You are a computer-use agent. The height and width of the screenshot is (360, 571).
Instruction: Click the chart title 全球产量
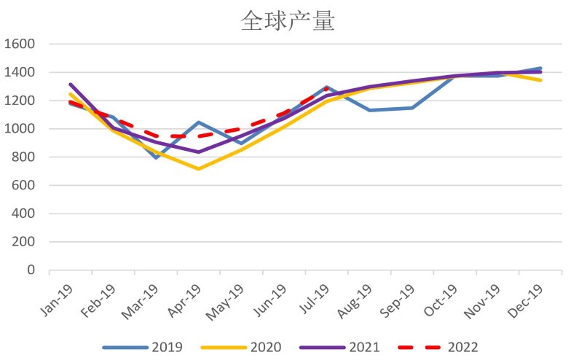click(288, 21)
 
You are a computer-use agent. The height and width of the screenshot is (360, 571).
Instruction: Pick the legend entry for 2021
click(349, 348)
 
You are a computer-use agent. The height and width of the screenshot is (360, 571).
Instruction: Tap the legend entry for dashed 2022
click(452, 348)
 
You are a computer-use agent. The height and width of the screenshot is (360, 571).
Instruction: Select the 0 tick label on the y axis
click(31, 270)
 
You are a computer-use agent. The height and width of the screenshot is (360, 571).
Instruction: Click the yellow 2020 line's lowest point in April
click(198, 169)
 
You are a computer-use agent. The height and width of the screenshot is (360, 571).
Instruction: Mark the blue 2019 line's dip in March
click(156, 157)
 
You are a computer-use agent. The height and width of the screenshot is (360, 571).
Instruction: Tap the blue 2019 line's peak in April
click(198, 122)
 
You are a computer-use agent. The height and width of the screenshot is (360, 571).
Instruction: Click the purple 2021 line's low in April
click(198, 152)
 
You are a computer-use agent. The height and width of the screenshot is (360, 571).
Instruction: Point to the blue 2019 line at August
click(369, 110)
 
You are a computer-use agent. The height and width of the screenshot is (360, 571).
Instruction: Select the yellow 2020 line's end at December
click(540, 80)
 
